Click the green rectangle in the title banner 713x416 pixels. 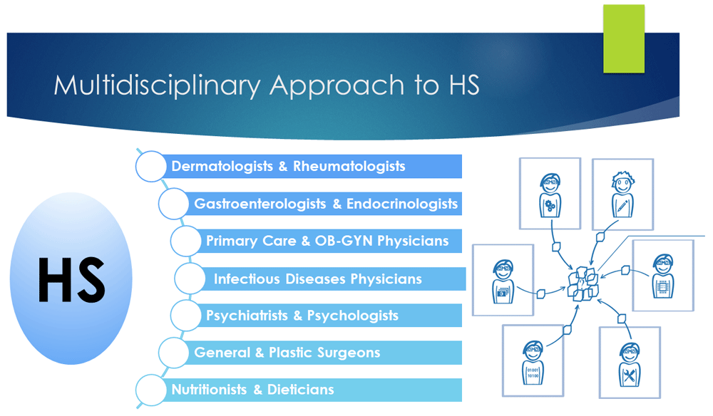coord(623,38)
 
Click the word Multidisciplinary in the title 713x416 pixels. coord(157,85)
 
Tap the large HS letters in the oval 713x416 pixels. coord(72,279)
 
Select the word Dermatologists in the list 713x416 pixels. coord(222,166)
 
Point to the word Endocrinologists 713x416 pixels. coord(402,204)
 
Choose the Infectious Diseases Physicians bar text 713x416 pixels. coord(318,279)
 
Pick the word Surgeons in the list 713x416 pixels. coord(349,353)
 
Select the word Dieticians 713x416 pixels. coord(301,390)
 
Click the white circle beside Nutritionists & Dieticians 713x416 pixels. coord(151,390)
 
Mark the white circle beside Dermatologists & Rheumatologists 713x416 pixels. coord(151,166)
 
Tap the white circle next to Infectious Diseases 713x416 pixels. coord(190,279)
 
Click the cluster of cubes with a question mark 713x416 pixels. coord(583,284)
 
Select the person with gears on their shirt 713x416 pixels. coord(550,195)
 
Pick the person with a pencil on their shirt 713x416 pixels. coord(622,194)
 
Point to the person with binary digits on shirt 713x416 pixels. coord(533,363)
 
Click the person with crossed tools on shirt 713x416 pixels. coord(630,365)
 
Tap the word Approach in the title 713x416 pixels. coord(337,86)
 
